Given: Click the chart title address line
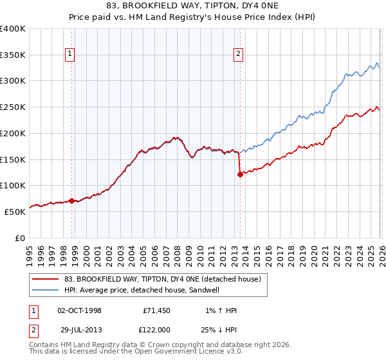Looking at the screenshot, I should pyautogui.click(x=192, y=6).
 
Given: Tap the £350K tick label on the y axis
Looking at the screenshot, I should pyautogui.click(x=13, y=55).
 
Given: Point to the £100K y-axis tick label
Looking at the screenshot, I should pyautogui.click(x=13, y=185).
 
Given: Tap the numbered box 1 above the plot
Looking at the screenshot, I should pyautogui.click(x=69, y=55).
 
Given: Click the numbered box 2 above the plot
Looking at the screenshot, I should pyautogui.click(x=238, y=55).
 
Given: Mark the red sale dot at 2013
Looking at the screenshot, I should pyautogui.click(x=240, y=174).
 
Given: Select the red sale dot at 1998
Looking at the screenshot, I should pyautogui.click(x=71, y=200).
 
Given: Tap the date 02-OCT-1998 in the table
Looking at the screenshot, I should pyautogui.click(x=79, y=310).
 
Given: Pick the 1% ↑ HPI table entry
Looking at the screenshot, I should pyautogui.click(x=220, y=310).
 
